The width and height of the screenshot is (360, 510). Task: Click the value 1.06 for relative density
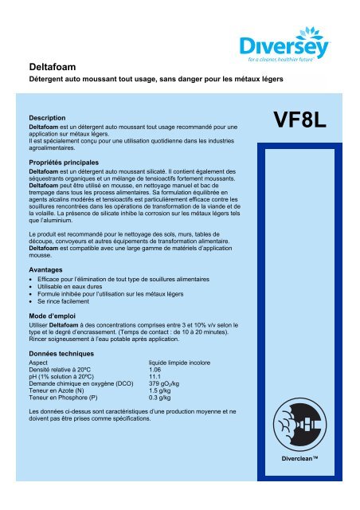coord(157,370)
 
